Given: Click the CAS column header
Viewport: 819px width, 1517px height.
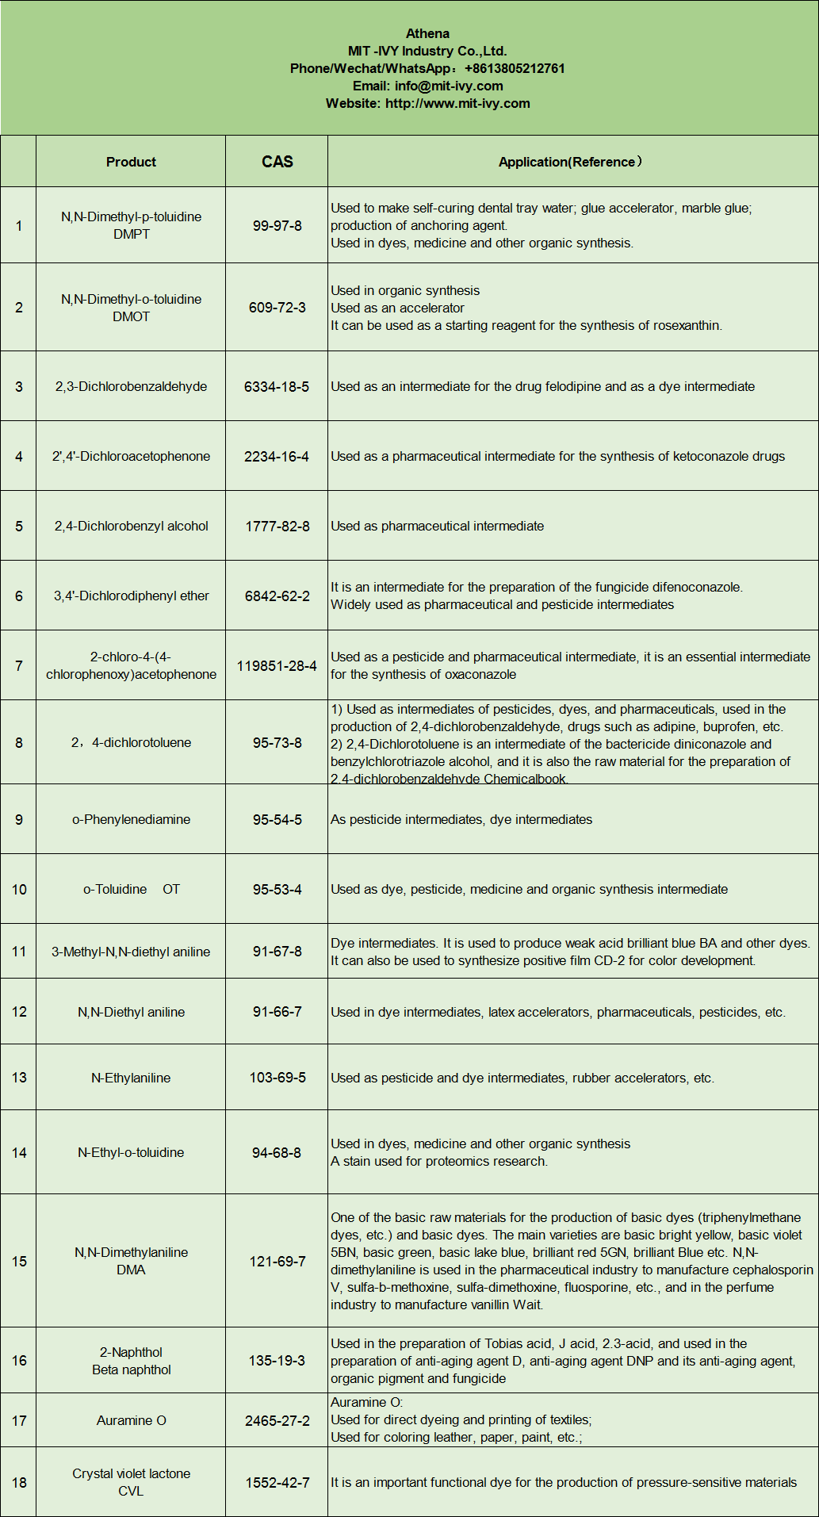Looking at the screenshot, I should point(277,162).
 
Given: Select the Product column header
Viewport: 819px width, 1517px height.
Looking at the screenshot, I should point(131,162).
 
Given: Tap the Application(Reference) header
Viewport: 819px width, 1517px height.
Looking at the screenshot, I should point(570,162).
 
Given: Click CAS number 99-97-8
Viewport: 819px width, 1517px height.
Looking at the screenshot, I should point(277,225).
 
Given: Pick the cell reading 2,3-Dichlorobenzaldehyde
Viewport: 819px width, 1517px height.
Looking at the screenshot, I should point(131,386).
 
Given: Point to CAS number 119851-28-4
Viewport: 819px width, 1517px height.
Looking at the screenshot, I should point(277,665).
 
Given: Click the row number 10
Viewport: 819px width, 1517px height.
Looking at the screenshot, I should point(19,889).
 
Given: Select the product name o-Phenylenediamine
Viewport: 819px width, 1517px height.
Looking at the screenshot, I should point(131,819).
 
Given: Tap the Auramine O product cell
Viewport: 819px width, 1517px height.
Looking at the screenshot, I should point(131,1420).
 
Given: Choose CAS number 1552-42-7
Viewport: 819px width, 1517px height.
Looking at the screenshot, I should point(277,1482).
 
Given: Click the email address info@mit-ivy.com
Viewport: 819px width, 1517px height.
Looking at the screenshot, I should point(449,86).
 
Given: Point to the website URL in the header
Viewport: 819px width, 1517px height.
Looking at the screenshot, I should point(457,103).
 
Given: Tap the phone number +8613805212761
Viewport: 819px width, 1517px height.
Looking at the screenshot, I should point(515,68).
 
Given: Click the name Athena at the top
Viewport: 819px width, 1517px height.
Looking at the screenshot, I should point(427,33).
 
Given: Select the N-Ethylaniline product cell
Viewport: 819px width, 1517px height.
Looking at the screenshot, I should point(131,1078).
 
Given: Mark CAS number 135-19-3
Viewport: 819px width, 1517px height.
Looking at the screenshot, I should point(277,1360).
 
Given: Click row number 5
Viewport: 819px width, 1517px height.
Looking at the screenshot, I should point(19,526).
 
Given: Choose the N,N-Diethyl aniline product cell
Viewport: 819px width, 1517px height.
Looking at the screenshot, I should point(131,1012).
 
